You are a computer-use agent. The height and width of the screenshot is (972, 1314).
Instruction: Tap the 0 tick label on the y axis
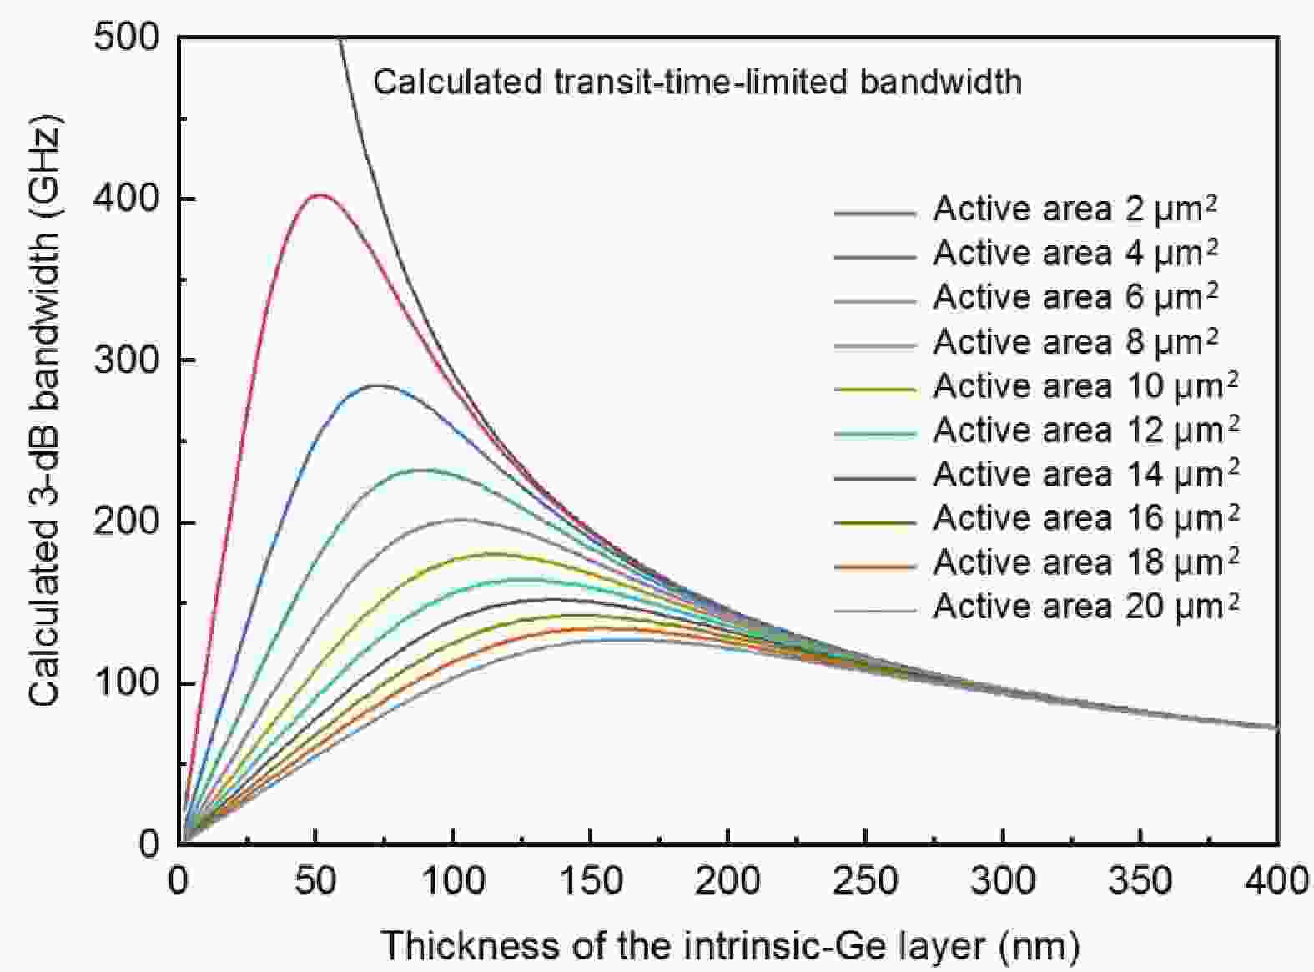[x=149, y=844]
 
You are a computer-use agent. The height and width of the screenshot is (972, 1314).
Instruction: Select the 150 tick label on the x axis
[x=590, y=881]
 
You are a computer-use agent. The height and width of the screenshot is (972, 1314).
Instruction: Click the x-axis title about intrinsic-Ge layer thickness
[x=730, y=946]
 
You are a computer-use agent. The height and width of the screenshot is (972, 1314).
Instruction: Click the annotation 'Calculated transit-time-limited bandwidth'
[x=697, y=82]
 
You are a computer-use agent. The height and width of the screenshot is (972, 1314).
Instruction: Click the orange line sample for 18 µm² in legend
[x=874, y=567]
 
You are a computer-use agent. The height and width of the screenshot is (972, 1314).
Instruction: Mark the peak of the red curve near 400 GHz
[x=318, y=195]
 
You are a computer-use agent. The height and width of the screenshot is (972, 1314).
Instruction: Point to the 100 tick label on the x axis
[x=452, y=881]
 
